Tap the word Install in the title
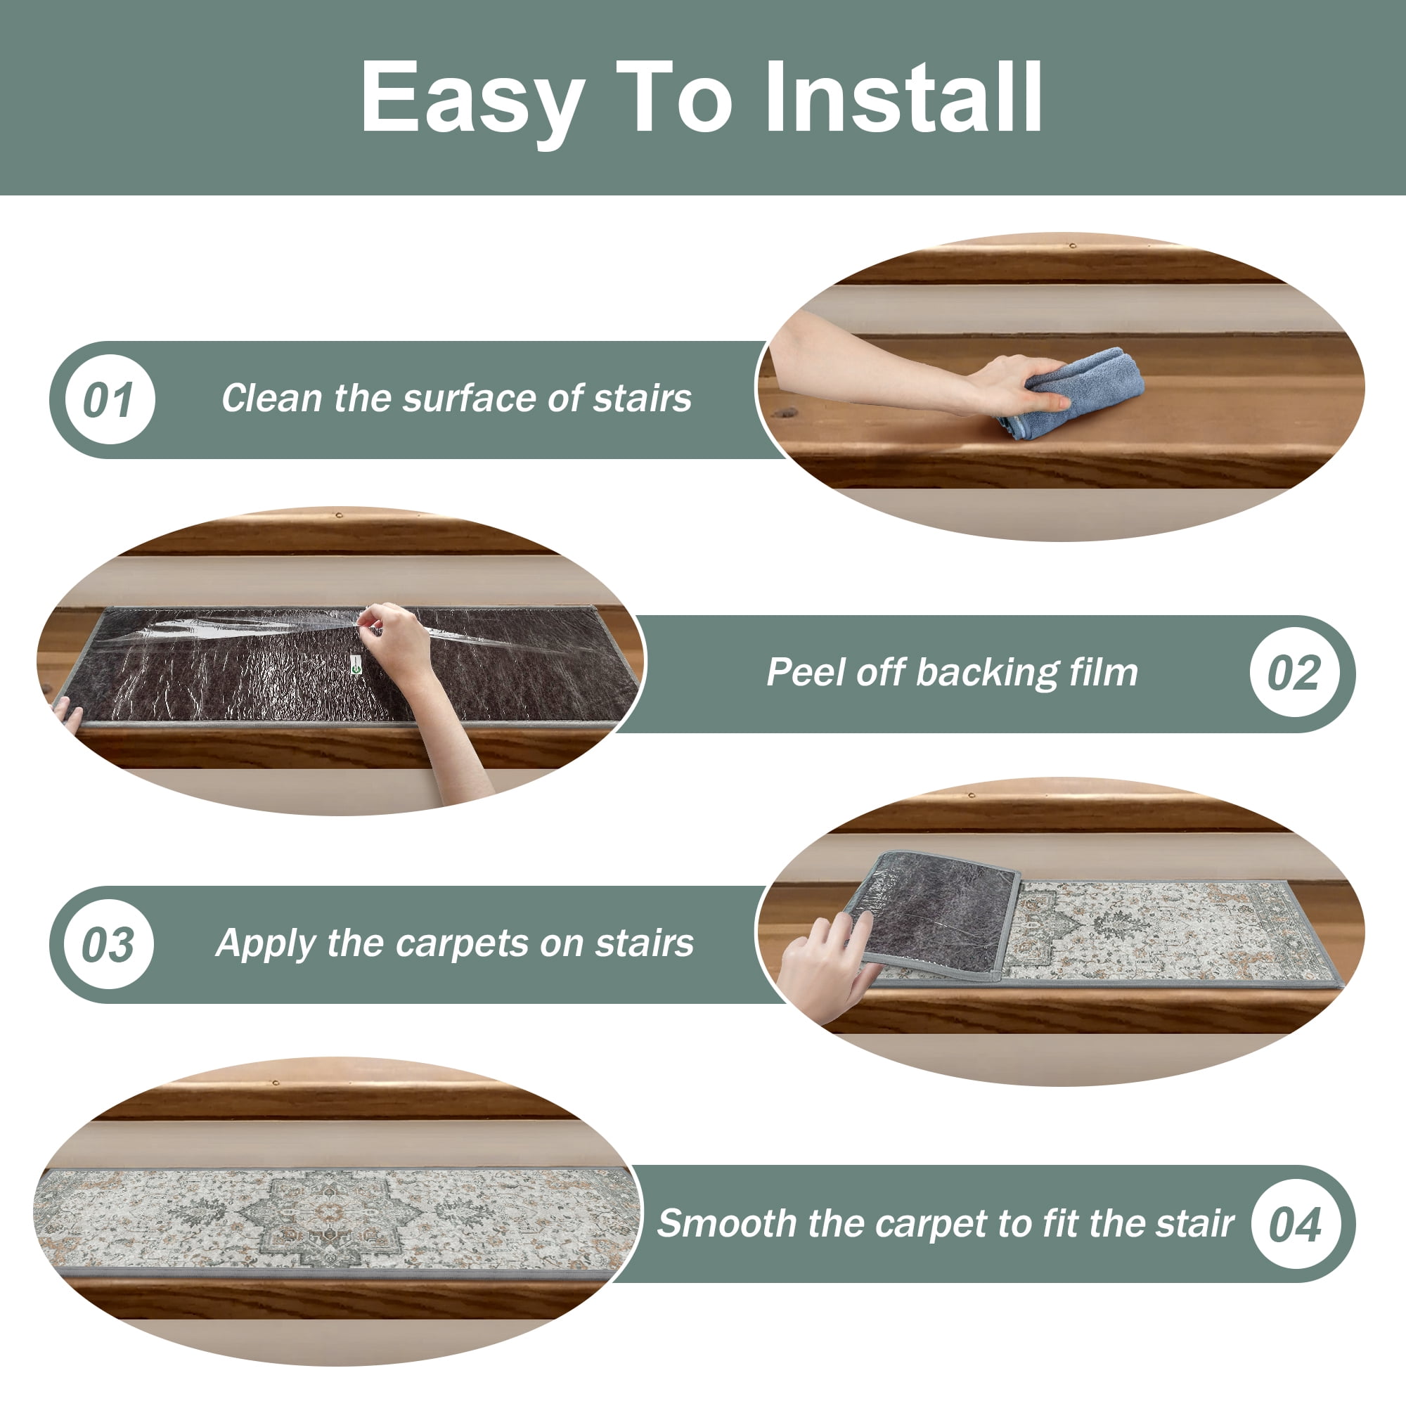point(903,96)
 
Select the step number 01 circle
point(110,399)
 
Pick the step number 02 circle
point(1294,673)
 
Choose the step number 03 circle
point(109,944)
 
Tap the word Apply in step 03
point(266,945)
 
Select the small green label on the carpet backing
point(354,664)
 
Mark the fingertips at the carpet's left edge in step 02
point(67,711)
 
